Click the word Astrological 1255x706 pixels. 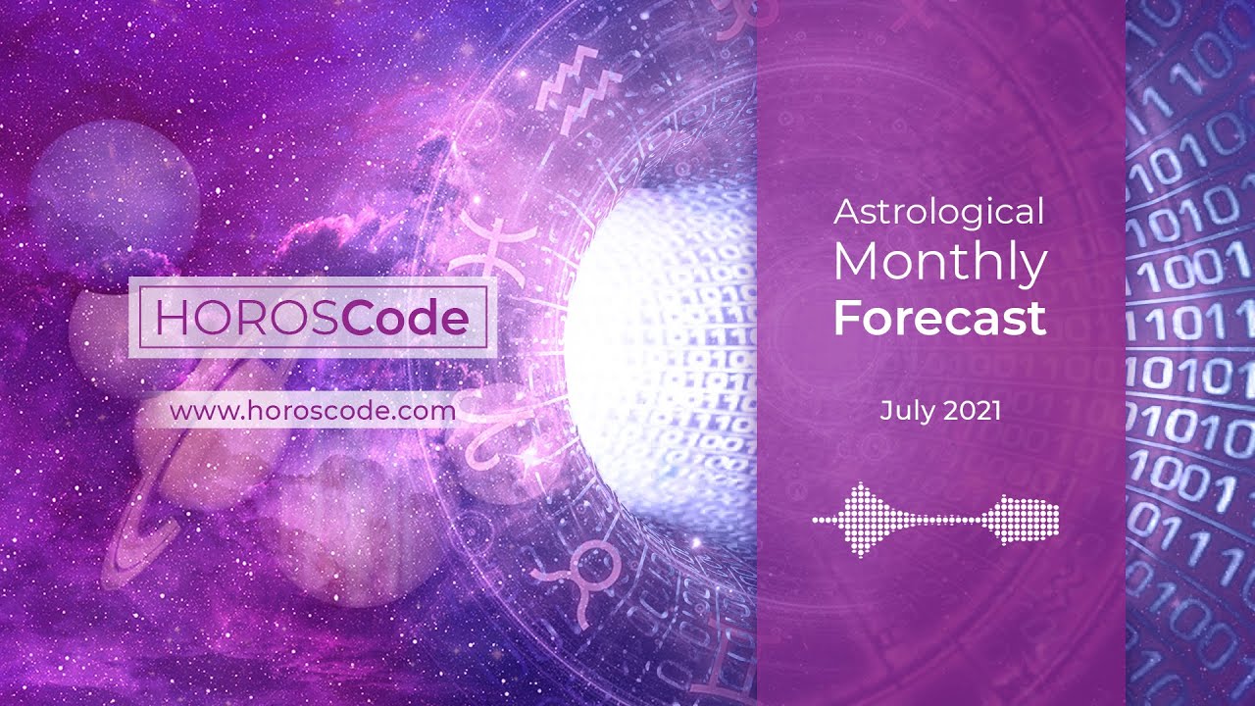click(938, 211)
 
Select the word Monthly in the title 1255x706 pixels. click(940, 263)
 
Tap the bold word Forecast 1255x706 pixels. click(940, 319)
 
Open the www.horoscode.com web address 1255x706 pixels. click(313, 411)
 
